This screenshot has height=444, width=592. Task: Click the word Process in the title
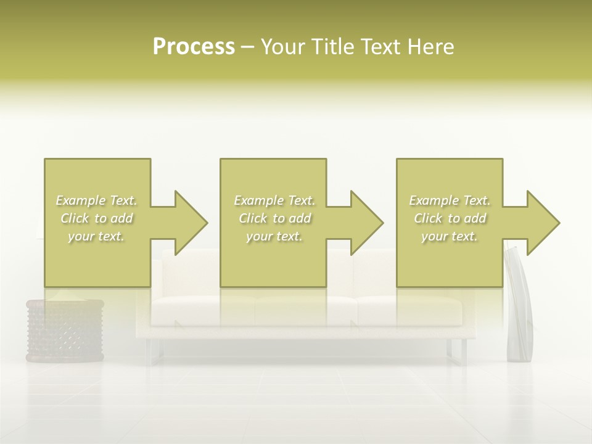[x=194, y=47]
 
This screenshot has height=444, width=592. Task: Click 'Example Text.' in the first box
[x=97, y=200]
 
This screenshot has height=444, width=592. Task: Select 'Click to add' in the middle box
[x=274, y=218]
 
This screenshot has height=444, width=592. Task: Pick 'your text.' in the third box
[x=450, y=236]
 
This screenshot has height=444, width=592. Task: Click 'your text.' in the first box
[x=97, y=236]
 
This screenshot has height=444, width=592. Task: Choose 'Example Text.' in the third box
[x=450, y=200]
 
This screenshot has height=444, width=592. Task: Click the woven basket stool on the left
[x=65, y=330]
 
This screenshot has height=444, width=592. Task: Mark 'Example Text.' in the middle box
[x=274, y=200]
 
